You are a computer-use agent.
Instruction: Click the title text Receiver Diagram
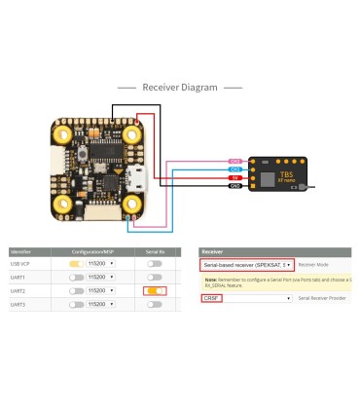tap(180, 87)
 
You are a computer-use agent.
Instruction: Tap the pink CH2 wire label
tap(235, 161)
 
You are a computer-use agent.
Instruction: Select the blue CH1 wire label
tap(235, 169)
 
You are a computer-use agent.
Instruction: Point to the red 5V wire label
tap(235, 177)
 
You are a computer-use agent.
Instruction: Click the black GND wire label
tap(235, 185)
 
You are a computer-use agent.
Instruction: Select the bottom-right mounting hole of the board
tap(131, 202)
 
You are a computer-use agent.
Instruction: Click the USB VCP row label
tap(20, 263)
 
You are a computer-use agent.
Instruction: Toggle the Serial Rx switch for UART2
tap(154, 290)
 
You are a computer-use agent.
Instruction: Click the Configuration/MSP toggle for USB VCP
tap(76, 263)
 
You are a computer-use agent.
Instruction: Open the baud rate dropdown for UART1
tap(101, 277)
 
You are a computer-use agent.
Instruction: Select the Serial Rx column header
tap(154, 251)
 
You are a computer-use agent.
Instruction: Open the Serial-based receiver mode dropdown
tap(247, 264)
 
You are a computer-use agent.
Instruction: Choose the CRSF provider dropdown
tap(247, 298)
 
